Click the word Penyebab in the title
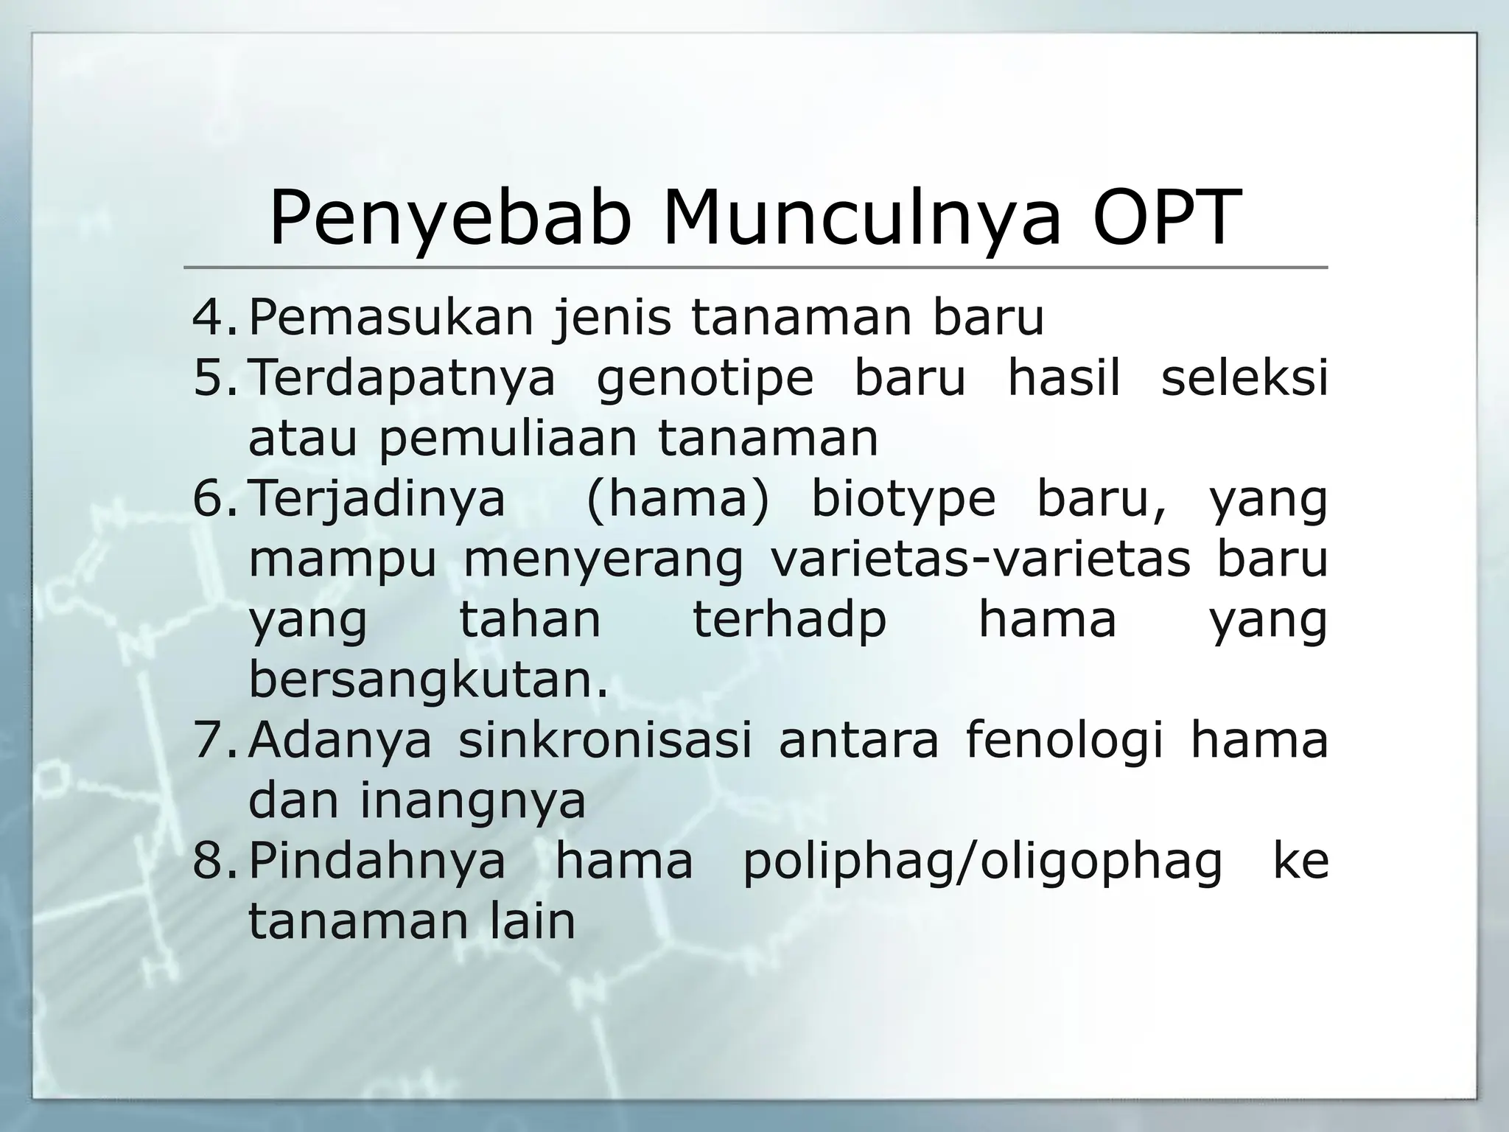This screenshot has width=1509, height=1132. click(450, 219)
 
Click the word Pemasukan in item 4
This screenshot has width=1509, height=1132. click(391, 318)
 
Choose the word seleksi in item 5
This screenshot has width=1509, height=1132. click(1244, 378)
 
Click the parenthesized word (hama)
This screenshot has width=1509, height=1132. click(677, 499)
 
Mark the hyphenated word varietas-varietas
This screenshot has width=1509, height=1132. click(980, 559)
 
